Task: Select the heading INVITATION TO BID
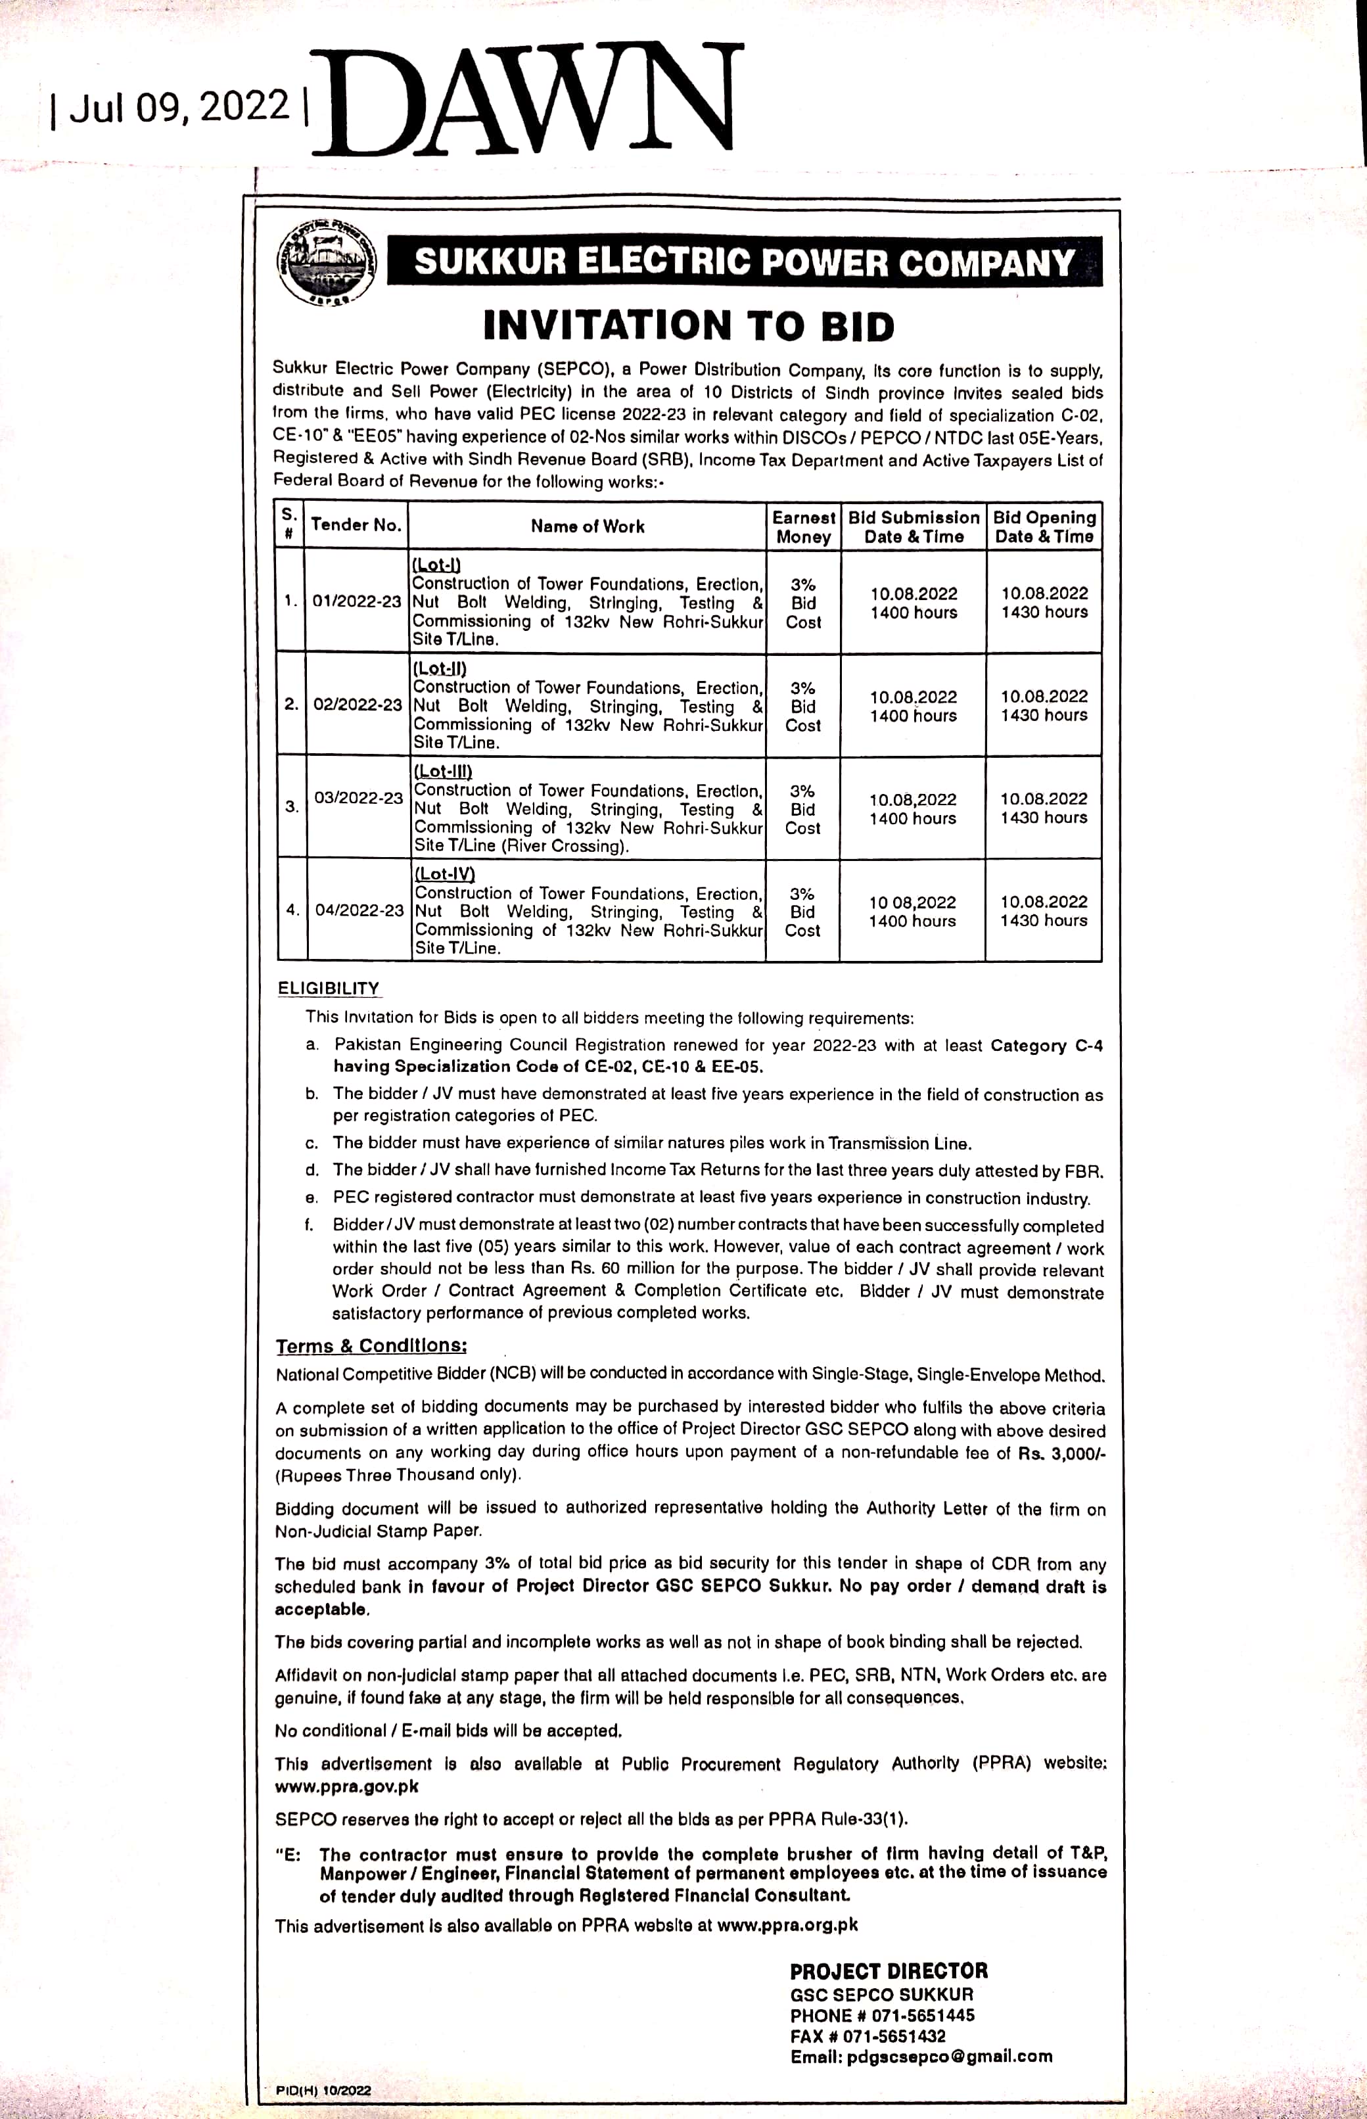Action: [x=689, y=326]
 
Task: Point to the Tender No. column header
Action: [x=357, y=524]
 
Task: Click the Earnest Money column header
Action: [x=803, y=526]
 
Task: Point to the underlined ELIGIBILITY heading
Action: [x=329, y=988]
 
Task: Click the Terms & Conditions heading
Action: [x=371, y=1346]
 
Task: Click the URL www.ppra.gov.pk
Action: [x=346, y=1786]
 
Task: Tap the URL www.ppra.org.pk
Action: [x=787, y=1926]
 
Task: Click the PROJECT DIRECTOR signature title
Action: [x=889, y=1970]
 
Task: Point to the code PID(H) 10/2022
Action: [x=323, y=2091]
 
